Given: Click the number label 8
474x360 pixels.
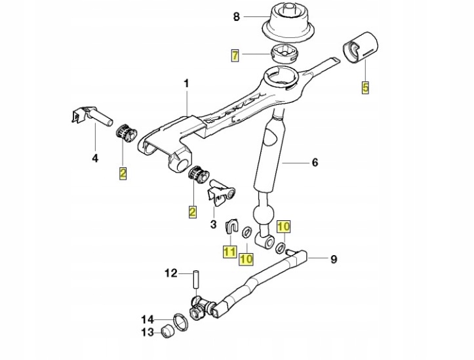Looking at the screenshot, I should [x=237, y=18].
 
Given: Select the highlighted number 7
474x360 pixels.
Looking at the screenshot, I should [x=235, y=55].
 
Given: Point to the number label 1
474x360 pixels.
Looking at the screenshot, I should [x=186, y=83].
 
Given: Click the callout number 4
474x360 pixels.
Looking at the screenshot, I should [x=94, y=157].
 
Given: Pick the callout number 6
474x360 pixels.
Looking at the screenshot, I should [x=315, y=162].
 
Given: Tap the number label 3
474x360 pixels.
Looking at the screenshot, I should [x=213, y=224].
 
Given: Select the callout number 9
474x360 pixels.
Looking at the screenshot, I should [x=334, y=259].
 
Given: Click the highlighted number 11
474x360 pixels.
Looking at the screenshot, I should [x=229, y=250].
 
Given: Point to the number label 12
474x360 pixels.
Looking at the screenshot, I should [x=170, y=273].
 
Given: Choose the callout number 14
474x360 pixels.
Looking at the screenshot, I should [x=148, y=319].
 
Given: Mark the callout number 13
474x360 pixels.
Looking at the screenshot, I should [x=148, y=332].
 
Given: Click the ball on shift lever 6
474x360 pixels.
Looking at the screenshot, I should [x=262, y=216].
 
